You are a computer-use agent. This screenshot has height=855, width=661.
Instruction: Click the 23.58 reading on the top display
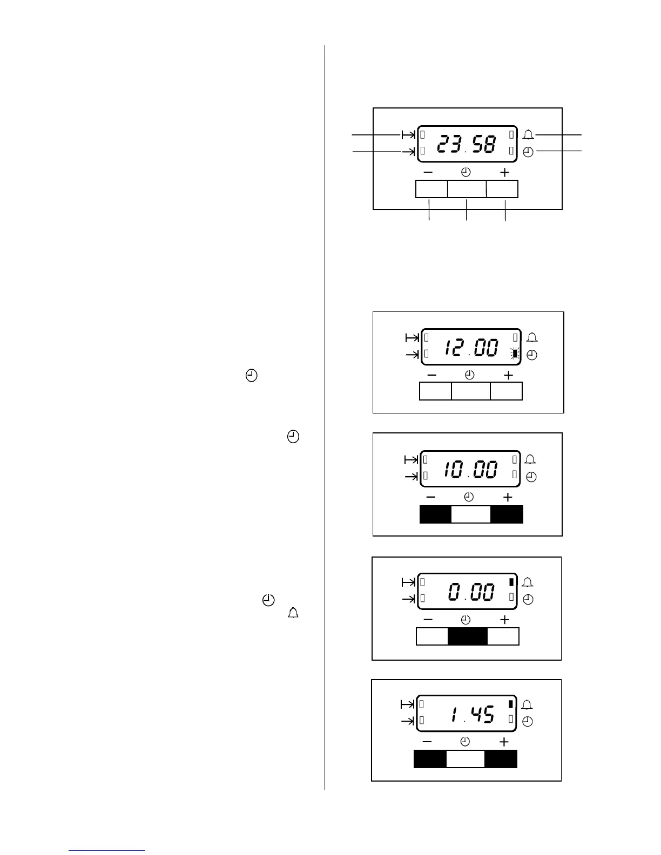click(x=466, y=144)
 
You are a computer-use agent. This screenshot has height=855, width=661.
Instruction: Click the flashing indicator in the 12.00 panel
click(x=515, y=354)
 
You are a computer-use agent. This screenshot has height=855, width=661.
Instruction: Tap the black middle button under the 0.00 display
click(x=467, y=637)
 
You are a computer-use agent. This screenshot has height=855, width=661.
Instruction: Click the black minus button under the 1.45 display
click(x=430, y=759)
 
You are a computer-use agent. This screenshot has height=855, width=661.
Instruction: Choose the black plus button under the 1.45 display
click(x=501, y=759)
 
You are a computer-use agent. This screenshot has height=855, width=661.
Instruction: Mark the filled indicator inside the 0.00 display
click(x=511, y=582)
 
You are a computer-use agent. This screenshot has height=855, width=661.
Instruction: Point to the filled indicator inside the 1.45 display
click(x=510, y=704)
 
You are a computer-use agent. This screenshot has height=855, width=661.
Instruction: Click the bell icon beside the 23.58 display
click(x=528, y=134)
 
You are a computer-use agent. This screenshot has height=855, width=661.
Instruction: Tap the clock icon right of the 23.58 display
click(x=528, y=152)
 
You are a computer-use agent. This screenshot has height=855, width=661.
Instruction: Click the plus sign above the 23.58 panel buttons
click(x=504, y=173)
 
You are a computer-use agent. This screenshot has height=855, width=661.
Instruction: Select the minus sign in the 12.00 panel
click(x=432, y=375)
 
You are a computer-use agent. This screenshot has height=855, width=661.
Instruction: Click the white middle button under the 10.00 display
click(x=470, y=514)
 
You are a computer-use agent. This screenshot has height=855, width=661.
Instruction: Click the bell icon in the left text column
click(x=293, y=613)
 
